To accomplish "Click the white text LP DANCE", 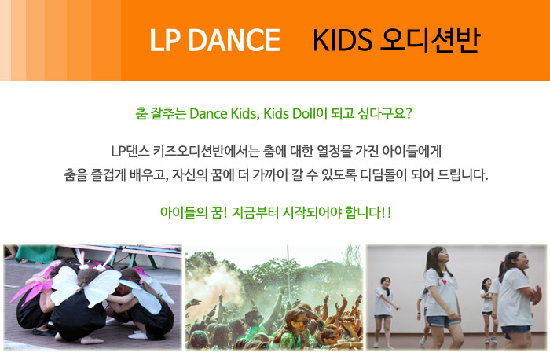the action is click(x=215, y=40).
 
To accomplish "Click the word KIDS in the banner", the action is click(x=343, y=40).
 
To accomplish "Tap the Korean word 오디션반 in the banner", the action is click(x=430, y=40).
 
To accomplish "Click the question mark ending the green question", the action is click(x=408, y=114).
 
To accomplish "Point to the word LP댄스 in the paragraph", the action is click(x=130, y=152).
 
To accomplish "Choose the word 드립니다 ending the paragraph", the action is click(x=462, y=174).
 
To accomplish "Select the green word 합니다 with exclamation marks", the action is click(x=368, y=213).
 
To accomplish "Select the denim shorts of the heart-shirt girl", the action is click(x=442, y=321).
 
